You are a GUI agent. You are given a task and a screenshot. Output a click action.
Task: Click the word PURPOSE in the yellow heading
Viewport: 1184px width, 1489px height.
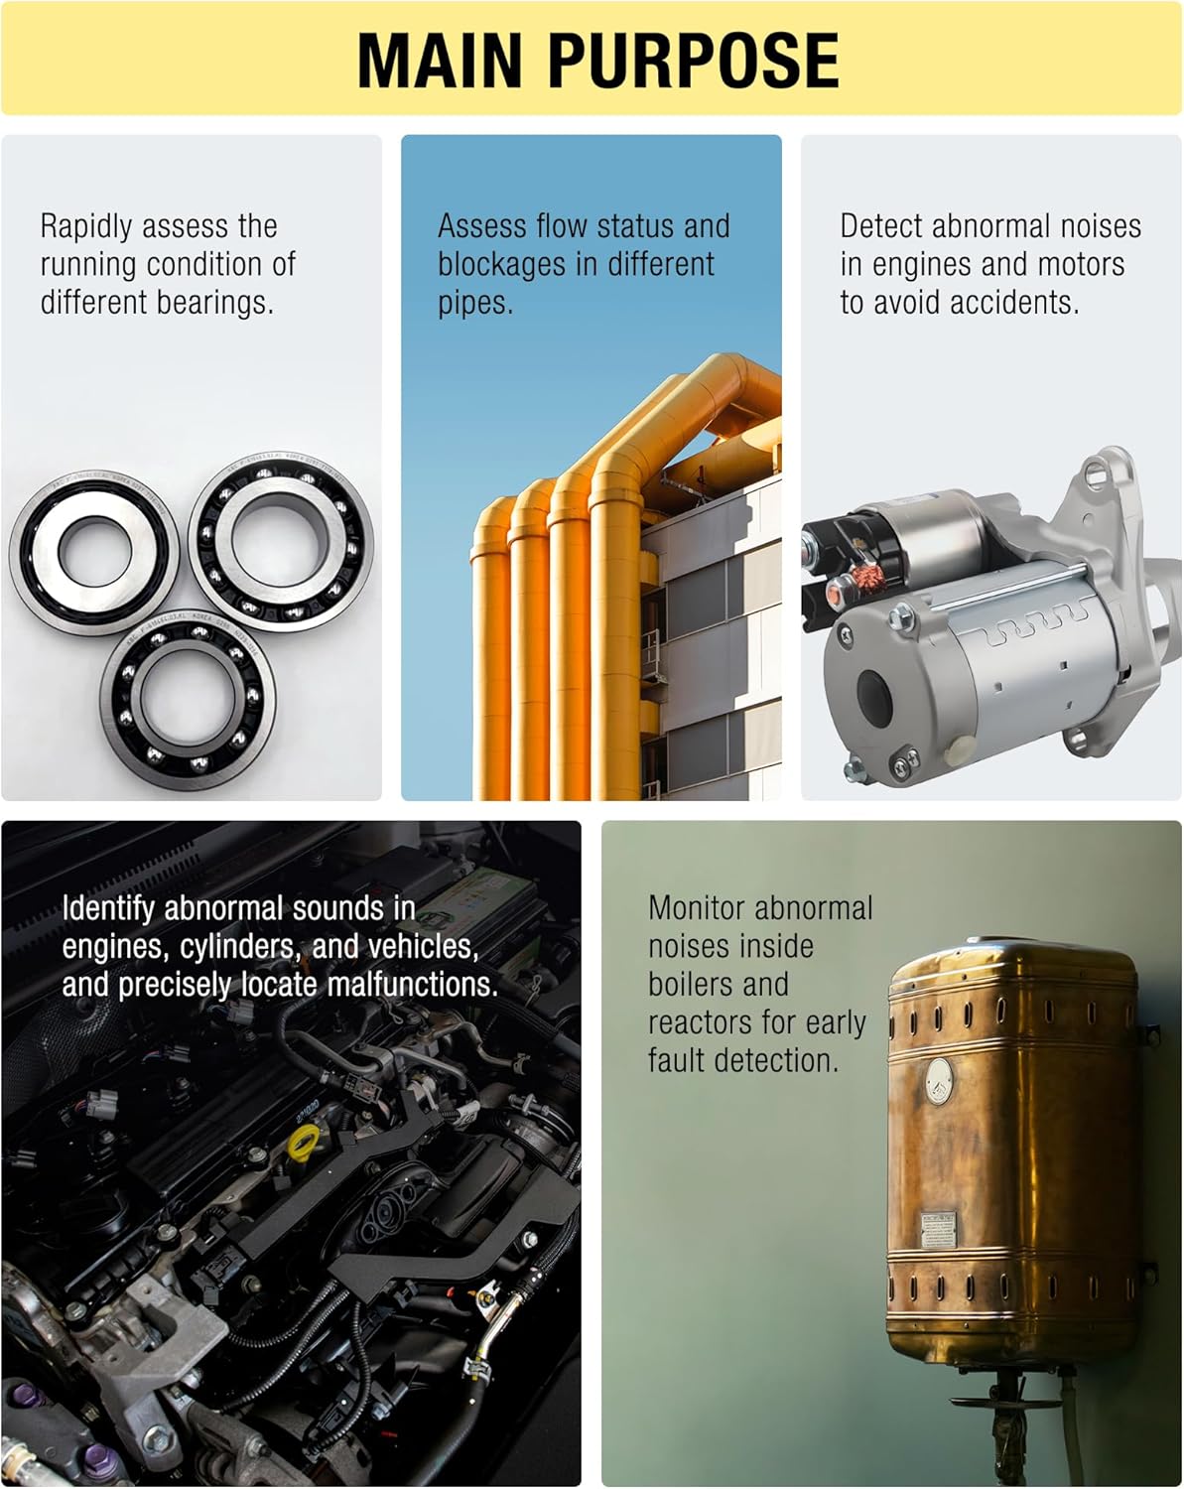(x=694, y=60)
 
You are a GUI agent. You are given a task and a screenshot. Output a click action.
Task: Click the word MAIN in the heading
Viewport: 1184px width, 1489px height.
(x=440, y=60)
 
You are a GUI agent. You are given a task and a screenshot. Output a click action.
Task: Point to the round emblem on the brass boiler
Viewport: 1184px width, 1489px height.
(x=939, y=1081)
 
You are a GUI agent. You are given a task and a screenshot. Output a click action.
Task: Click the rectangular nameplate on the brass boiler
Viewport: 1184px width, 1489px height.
(x=938, y=1230)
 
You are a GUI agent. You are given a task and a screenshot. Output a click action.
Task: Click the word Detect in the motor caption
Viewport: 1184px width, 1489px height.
(x=881, y=226)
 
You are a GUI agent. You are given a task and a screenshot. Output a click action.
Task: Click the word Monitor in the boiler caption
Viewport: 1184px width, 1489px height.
(x=695, y=907)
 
